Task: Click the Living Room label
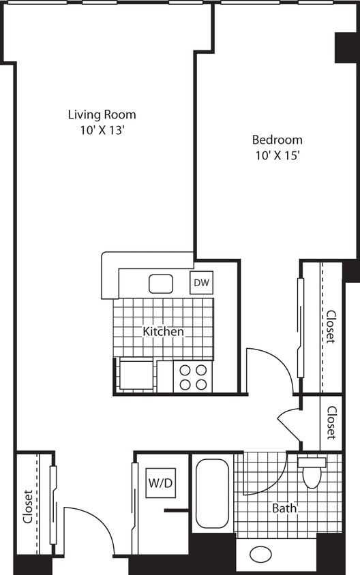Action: [x=102, y=114]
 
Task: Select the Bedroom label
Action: [x=277, y=140]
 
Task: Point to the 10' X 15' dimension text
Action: [x=277, y=155]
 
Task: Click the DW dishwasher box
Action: [x=201, y=283]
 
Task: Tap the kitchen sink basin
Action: [x=161, y=283]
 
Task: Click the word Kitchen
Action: [x=163, y=332]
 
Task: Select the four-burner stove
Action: [x=193, y=377]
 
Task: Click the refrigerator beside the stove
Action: [x=136, y=375]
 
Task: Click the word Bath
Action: [x=284, y=508]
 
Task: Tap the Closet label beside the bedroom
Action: [x=331, y=327]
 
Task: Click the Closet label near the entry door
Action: [x=28, y=507]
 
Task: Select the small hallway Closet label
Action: [x=331, y=422]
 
